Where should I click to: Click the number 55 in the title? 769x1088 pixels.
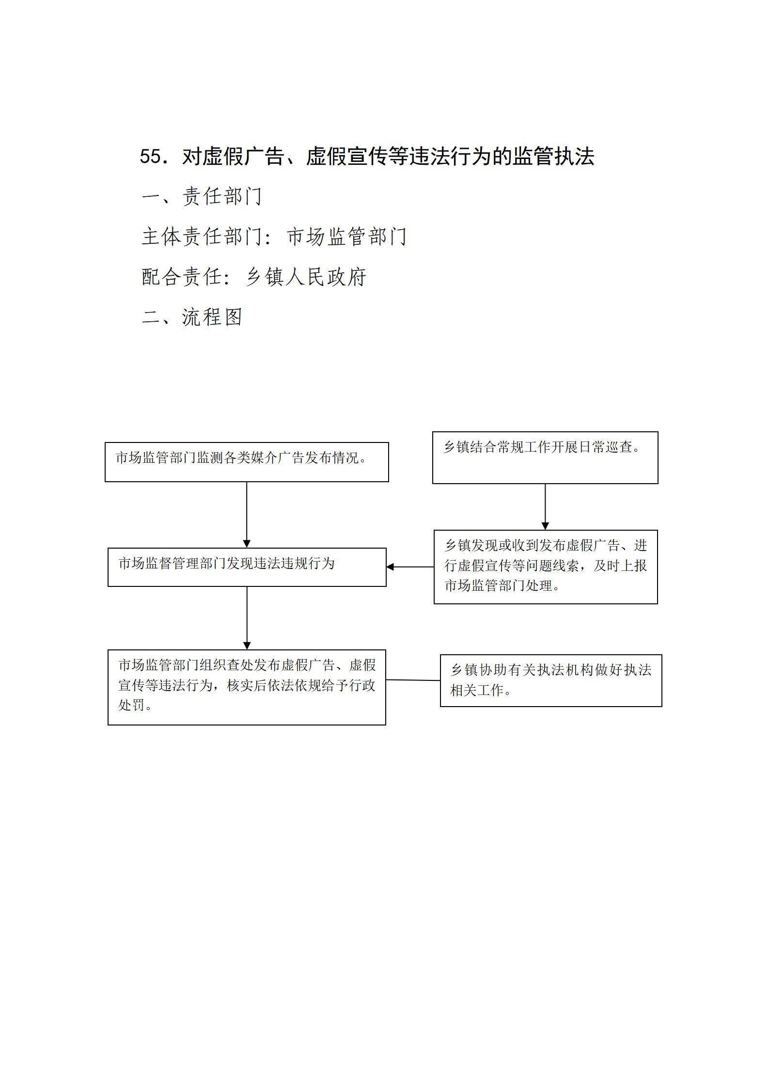150,157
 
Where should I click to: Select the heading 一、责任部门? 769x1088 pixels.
202,196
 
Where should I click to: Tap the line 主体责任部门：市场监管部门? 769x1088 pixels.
274,237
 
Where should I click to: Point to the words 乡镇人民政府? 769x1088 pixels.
306,277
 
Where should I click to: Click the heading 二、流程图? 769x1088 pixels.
192,317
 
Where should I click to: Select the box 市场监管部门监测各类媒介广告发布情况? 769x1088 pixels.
247,462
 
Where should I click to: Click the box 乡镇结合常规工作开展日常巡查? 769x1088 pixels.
545,457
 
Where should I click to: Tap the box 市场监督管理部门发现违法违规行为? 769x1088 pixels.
247,567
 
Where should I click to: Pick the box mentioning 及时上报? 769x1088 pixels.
546,567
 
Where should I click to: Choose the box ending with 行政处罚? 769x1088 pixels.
247,687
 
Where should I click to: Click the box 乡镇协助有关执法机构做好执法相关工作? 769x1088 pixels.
551,680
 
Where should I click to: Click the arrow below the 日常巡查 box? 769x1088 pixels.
545,506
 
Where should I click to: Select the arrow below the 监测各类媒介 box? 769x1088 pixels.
247,515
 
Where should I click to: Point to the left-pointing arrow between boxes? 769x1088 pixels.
410,567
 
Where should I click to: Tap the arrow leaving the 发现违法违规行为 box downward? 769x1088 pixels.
247,618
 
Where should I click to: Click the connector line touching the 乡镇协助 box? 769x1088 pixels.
413,680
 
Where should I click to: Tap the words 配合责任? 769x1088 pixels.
182,277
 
